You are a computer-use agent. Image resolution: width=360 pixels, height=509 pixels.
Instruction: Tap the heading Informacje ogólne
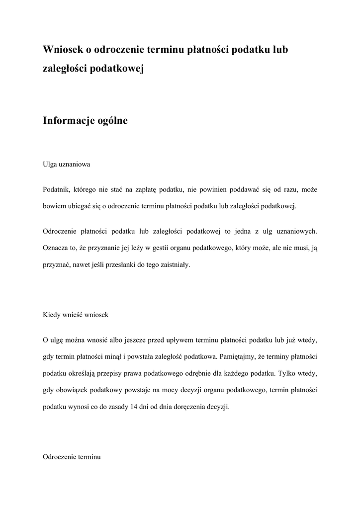[x=85, y=120]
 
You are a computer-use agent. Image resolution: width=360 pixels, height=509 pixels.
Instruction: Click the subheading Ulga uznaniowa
[x=66, y=164]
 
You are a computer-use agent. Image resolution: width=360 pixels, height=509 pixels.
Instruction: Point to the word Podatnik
[x=56, y=189]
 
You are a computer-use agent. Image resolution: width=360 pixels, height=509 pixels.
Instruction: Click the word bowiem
[x=54, y=206]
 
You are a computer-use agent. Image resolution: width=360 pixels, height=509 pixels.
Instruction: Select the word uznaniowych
[x=297, y=231]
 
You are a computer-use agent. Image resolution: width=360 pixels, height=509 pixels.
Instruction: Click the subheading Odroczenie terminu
[x=72, y=457]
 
